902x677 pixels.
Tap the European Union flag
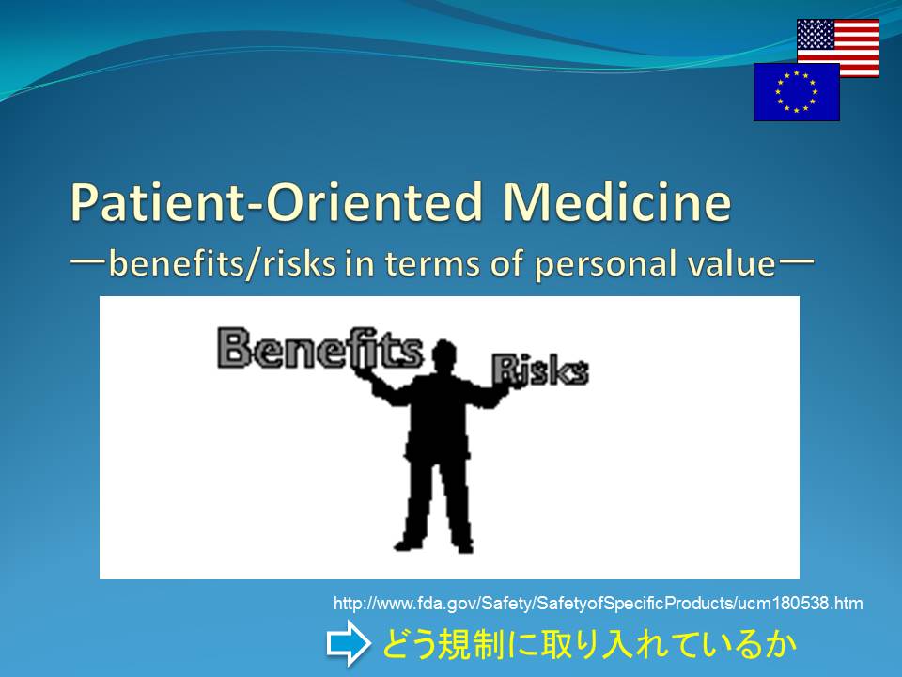pyautogui.click(x=797, y=92)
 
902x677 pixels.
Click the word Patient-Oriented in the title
pyautogui.click(x=276, y=203)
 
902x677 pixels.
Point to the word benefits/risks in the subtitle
pyautogui.click(x=222, y=264)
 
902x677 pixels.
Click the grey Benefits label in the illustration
pyautogui.click(x=319, y=348)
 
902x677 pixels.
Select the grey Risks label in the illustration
pyautogui.click(x=540, y=370)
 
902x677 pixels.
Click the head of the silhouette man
pyautogui.click(x=443, y=354)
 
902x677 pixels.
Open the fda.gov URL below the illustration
pyautogui.click(x=599, y=604)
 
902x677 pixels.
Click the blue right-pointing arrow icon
pyautogui.click(x=349, y=643)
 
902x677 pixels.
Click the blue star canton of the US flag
pyautogui.click(x=816, y=34)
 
